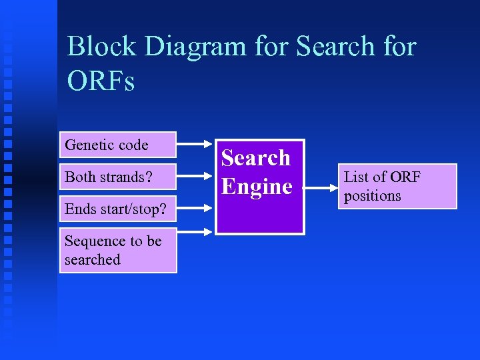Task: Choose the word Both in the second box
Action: click(80, 177)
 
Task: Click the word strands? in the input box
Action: click(126, 177)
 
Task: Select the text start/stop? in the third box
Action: click(134, 209)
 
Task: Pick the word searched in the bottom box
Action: click(92, 259)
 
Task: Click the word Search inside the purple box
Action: click(256, 158)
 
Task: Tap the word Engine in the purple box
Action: click(257, 187)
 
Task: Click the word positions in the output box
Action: click(372, 196)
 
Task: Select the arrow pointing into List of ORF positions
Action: click(321, 187)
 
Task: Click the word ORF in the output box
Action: click(405, 177)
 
